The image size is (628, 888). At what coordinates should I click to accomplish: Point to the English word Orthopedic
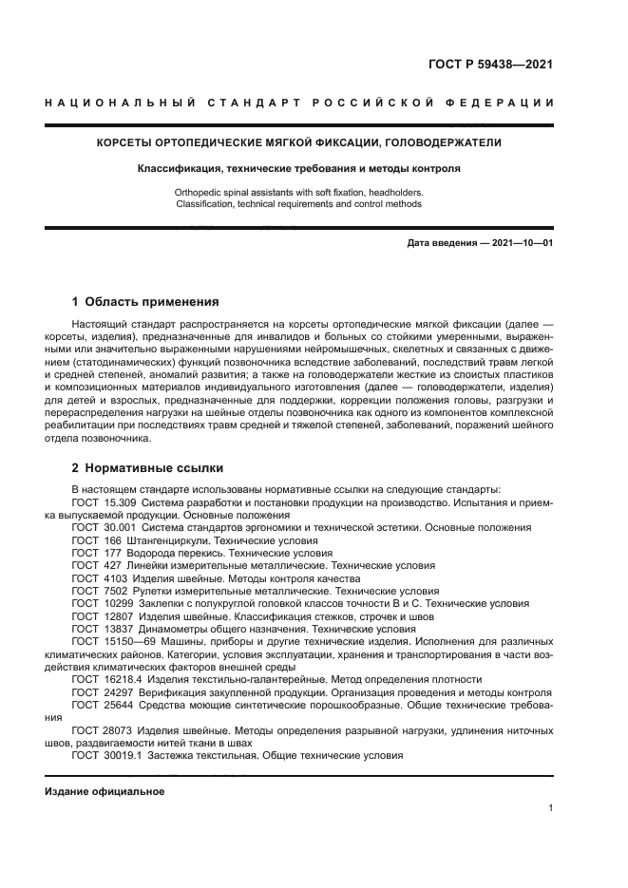[202, 192]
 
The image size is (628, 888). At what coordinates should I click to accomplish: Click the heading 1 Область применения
[145, 302]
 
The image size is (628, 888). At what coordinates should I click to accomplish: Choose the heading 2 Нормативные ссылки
[147, 467]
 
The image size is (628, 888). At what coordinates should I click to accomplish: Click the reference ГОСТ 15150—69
[111, 641]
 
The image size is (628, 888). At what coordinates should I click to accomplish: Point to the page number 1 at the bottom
[551, 808]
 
